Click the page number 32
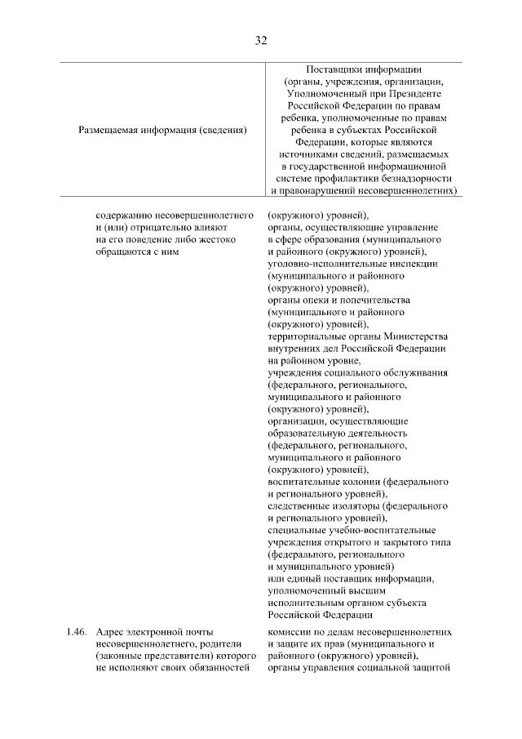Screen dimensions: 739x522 tap(261, 40)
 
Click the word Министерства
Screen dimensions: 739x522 tap(414, 336)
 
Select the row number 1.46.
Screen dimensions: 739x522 tap(76, 632)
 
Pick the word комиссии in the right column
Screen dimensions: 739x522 tap(290, 632)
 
